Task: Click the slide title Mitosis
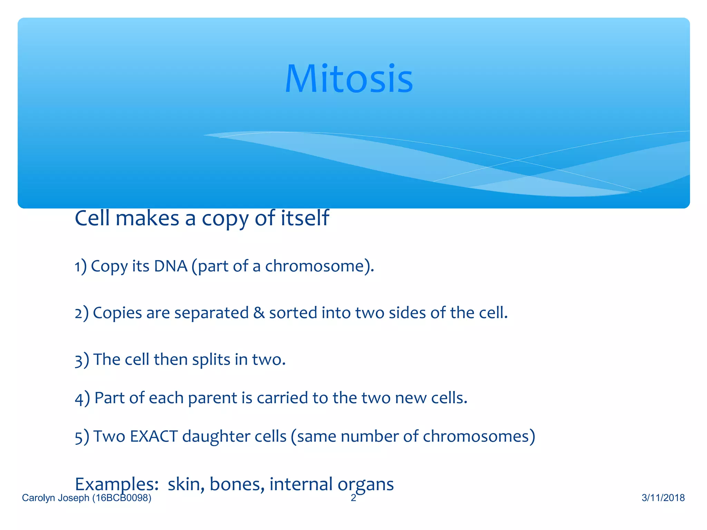349,79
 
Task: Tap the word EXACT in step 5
154,436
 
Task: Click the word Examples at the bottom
116,484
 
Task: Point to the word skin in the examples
186,484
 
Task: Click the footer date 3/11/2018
663,498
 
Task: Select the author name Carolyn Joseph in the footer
56,498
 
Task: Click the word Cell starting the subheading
93,218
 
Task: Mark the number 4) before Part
82,399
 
